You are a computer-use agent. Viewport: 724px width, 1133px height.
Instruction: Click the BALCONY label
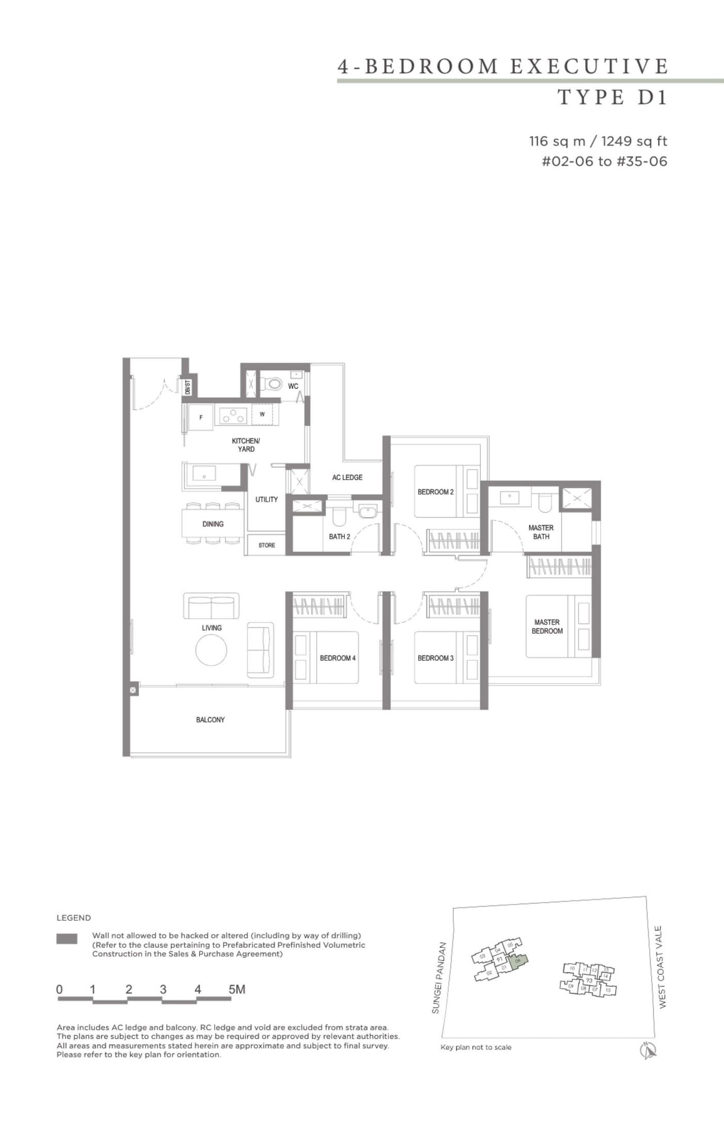coord(210,720)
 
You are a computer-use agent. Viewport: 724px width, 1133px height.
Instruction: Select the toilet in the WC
coord(272,384)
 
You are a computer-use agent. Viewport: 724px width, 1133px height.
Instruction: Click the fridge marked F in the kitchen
coord(201,417)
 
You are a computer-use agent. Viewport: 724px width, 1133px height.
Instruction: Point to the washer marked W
coord(262,414)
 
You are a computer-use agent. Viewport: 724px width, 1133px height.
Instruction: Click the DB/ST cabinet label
coord(188,387)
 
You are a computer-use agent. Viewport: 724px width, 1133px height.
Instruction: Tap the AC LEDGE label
coord(347,477)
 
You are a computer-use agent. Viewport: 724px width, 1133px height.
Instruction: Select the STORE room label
coord(266,545)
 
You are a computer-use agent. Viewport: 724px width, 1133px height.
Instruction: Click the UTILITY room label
coord(266,499)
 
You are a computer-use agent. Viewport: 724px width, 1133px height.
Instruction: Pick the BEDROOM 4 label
coord(337,658)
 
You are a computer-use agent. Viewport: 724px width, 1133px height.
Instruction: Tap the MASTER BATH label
coord(541,532)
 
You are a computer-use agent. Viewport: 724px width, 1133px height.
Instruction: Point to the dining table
coord(212,524)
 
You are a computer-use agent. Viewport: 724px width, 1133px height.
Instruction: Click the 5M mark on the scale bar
coord(237,990)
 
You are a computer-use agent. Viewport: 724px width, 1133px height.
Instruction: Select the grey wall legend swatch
coord(67,939)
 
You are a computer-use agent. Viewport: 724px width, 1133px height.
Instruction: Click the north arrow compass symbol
coord(648,1050)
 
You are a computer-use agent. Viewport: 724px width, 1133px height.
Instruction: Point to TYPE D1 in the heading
coord(613,97)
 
